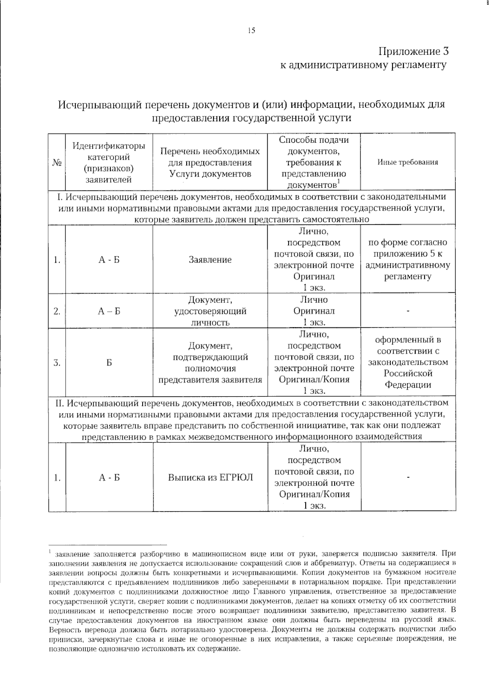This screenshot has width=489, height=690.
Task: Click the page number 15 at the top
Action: coord(251,30)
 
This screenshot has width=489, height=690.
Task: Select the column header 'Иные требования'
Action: coord(407,162)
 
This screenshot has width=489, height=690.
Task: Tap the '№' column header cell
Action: coord(57,162)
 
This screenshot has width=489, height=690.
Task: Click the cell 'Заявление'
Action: coord(210,260)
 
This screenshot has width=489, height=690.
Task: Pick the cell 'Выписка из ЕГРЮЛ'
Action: coord(210,477)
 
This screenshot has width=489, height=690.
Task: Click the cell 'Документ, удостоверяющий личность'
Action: coord(210,311)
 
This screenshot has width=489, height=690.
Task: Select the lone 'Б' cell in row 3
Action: coord(109,363)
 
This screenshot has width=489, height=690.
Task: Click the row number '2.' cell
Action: coord(57,311)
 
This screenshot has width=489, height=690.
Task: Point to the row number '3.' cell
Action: coord(57,363)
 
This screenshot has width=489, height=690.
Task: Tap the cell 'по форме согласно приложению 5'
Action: coord(407,259)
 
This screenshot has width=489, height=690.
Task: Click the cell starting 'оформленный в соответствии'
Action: coord(407,362)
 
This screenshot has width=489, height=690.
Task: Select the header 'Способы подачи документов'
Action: coord(314,162)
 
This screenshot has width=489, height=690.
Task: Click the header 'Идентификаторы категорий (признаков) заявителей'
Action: coord(109,162)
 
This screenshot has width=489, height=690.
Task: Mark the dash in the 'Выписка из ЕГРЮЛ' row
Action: coord(407,477)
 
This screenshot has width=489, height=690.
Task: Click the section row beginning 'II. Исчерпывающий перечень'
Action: coord(251,420)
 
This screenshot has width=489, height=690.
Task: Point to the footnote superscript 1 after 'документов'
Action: coord(339,182)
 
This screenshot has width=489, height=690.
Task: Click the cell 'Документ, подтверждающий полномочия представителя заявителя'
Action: coord(210,363)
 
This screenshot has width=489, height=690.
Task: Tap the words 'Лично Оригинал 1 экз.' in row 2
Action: coord(314,311)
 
